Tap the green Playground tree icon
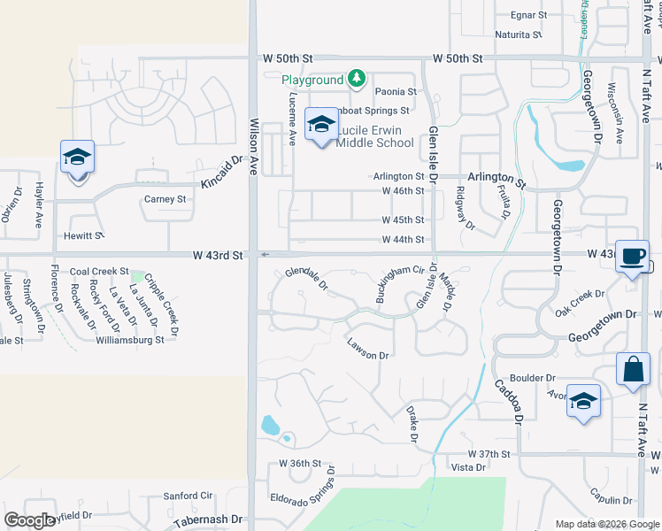click(x=356, y=80)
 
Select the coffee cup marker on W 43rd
click(x=631, y=257)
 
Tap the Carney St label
click(x=165, y=199)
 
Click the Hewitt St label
click(x=84, y=236)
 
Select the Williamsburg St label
click(x=129, y=339)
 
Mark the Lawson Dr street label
click(x=368, y=350)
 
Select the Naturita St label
click(x=519, y=35)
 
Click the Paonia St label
click(x=395, y=91)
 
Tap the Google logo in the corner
click(x=29, y=520)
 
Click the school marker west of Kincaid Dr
click(x=77, y=158)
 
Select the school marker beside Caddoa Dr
click(x=583, y=401)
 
